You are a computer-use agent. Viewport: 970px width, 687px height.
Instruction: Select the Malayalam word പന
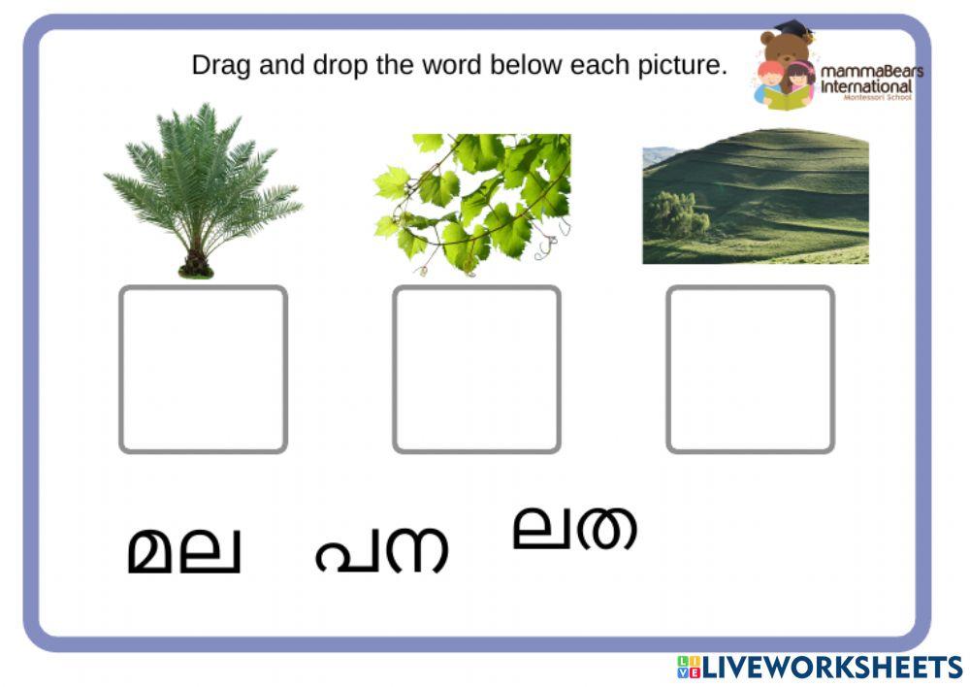click(381, 549)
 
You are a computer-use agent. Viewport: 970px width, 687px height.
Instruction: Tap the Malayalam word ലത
click(574, 528)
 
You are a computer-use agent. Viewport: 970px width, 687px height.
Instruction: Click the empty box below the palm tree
click(203, 369)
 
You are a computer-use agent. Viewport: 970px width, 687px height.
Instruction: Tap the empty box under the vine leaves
click(476, 369)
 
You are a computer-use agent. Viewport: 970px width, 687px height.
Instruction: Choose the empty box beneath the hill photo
click(750, 369)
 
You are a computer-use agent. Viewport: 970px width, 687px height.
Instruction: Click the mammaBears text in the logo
click(871, 72)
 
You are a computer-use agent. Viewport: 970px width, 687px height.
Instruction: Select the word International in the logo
click(866, 86)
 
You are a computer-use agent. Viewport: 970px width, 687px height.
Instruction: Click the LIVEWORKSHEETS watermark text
click(832, 667)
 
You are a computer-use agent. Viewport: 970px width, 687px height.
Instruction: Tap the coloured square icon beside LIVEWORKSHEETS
click(688, 667)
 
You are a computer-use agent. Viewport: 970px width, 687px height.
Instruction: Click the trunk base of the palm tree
click(195, 265)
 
